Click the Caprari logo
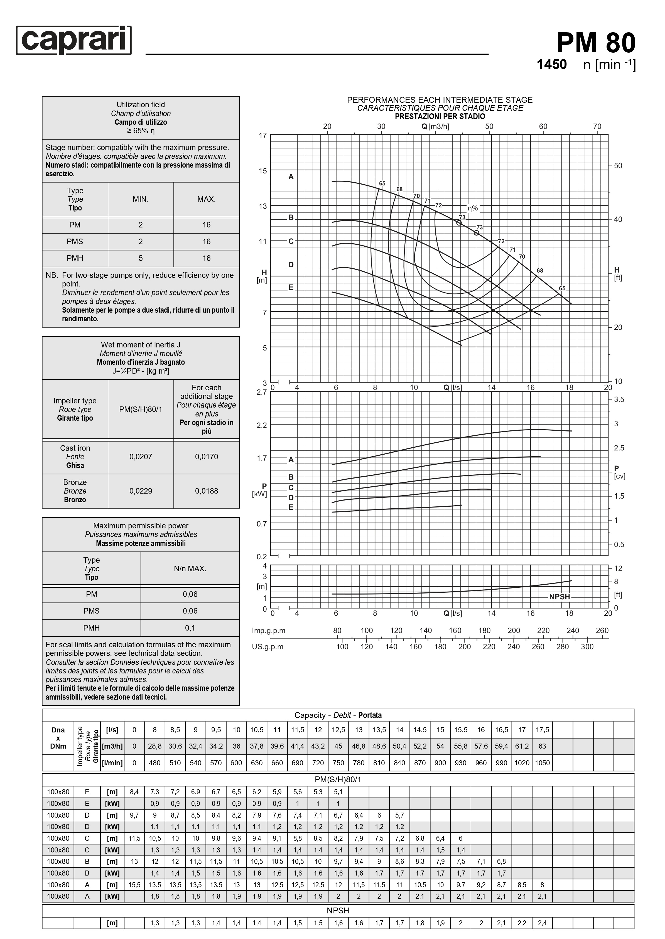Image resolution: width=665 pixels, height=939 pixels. pos(74,40)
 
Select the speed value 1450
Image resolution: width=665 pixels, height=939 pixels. pos(552,64)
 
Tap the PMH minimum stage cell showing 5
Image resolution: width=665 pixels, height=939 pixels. pos(141,258)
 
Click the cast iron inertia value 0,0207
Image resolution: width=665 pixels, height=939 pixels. pos(141,457)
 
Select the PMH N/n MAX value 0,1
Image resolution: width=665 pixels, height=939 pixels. pos(190,628)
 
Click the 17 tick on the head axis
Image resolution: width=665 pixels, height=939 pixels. pos(262,135)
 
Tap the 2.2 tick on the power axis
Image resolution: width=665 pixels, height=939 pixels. pos(262,425)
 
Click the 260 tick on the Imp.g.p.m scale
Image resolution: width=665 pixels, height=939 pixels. pos(602,631)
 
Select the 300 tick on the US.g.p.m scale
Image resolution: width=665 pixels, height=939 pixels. pos(587,647)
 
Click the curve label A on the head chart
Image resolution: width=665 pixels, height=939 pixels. pos(291,177)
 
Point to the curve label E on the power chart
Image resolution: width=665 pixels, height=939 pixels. pos(291,507)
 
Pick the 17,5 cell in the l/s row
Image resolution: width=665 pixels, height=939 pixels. pos(542,730)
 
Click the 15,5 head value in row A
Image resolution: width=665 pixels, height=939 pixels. pos(134,884)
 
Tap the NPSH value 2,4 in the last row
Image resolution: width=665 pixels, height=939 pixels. pos(542,923)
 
